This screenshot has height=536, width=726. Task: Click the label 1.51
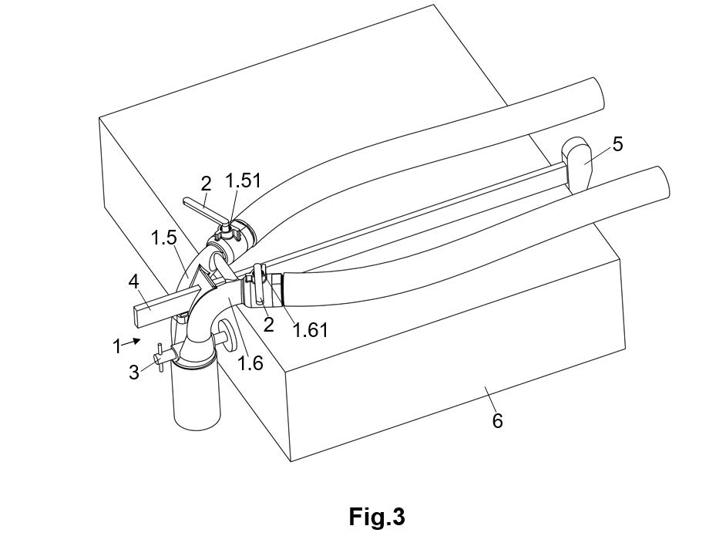click(243, 180)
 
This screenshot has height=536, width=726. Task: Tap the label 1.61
click(311, 330)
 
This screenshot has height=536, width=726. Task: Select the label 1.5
click(164, 237)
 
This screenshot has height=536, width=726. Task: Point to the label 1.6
click(250, 362)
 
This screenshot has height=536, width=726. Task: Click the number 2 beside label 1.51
click(206, 184)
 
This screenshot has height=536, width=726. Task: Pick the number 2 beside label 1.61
click(268, 325)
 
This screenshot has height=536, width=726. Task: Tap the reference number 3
click(134, 372)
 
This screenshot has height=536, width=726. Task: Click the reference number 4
click(134, 282)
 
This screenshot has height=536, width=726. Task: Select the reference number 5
click(617, 143)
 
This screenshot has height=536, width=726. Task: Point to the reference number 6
click(497, 420)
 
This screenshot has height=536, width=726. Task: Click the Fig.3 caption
click(376, 516)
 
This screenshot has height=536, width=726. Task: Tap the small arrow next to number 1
click(135, 340)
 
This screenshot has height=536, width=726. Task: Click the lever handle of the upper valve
click(203, 212)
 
